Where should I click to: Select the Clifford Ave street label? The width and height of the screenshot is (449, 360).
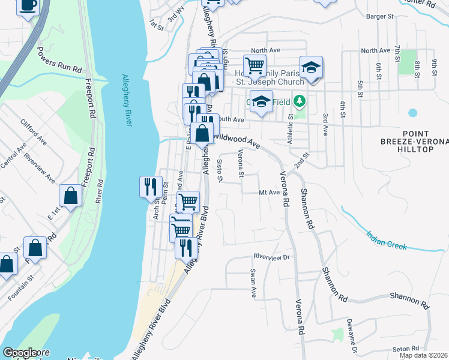coord(34,133)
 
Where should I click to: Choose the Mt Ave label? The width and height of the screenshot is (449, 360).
coord(269,193)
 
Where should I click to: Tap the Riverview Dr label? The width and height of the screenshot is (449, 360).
coord(271,257)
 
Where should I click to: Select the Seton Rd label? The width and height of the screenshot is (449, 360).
coord(406,349)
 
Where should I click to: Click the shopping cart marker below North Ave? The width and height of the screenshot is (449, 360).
coord(255,65)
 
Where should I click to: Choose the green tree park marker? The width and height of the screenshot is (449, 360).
coord(300,101)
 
